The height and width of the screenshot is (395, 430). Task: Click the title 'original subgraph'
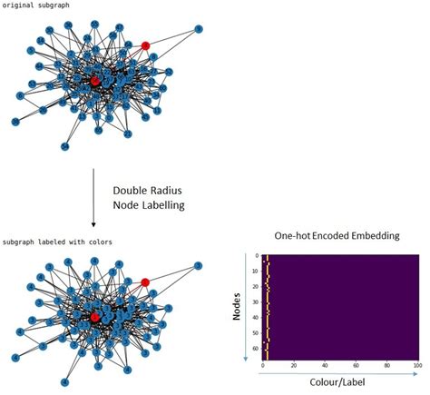[34, 5]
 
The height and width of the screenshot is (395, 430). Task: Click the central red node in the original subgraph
[95, 81]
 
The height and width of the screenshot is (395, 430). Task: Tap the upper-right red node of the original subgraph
[145, 44]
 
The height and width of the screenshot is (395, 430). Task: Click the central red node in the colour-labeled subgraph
[94, 317]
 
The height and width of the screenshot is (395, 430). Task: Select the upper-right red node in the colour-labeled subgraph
[144, 282]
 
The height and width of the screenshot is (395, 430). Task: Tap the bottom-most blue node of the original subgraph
[64, 146]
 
